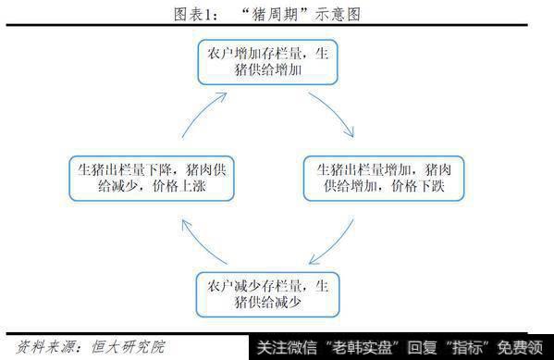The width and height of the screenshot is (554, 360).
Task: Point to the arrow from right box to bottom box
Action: [335, 242]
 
